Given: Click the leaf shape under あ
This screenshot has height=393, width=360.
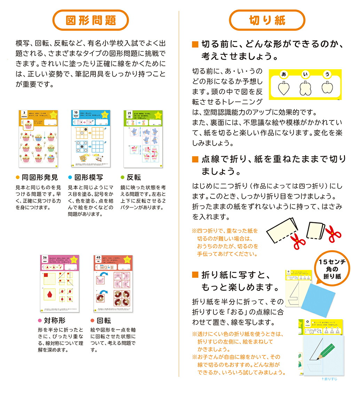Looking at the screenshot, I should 284,89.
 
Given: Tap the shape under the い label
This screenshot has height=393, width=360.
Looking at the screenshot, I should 305,89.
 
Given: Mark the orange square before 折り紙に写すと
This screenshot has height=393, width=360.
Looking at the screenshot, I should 195,275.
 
